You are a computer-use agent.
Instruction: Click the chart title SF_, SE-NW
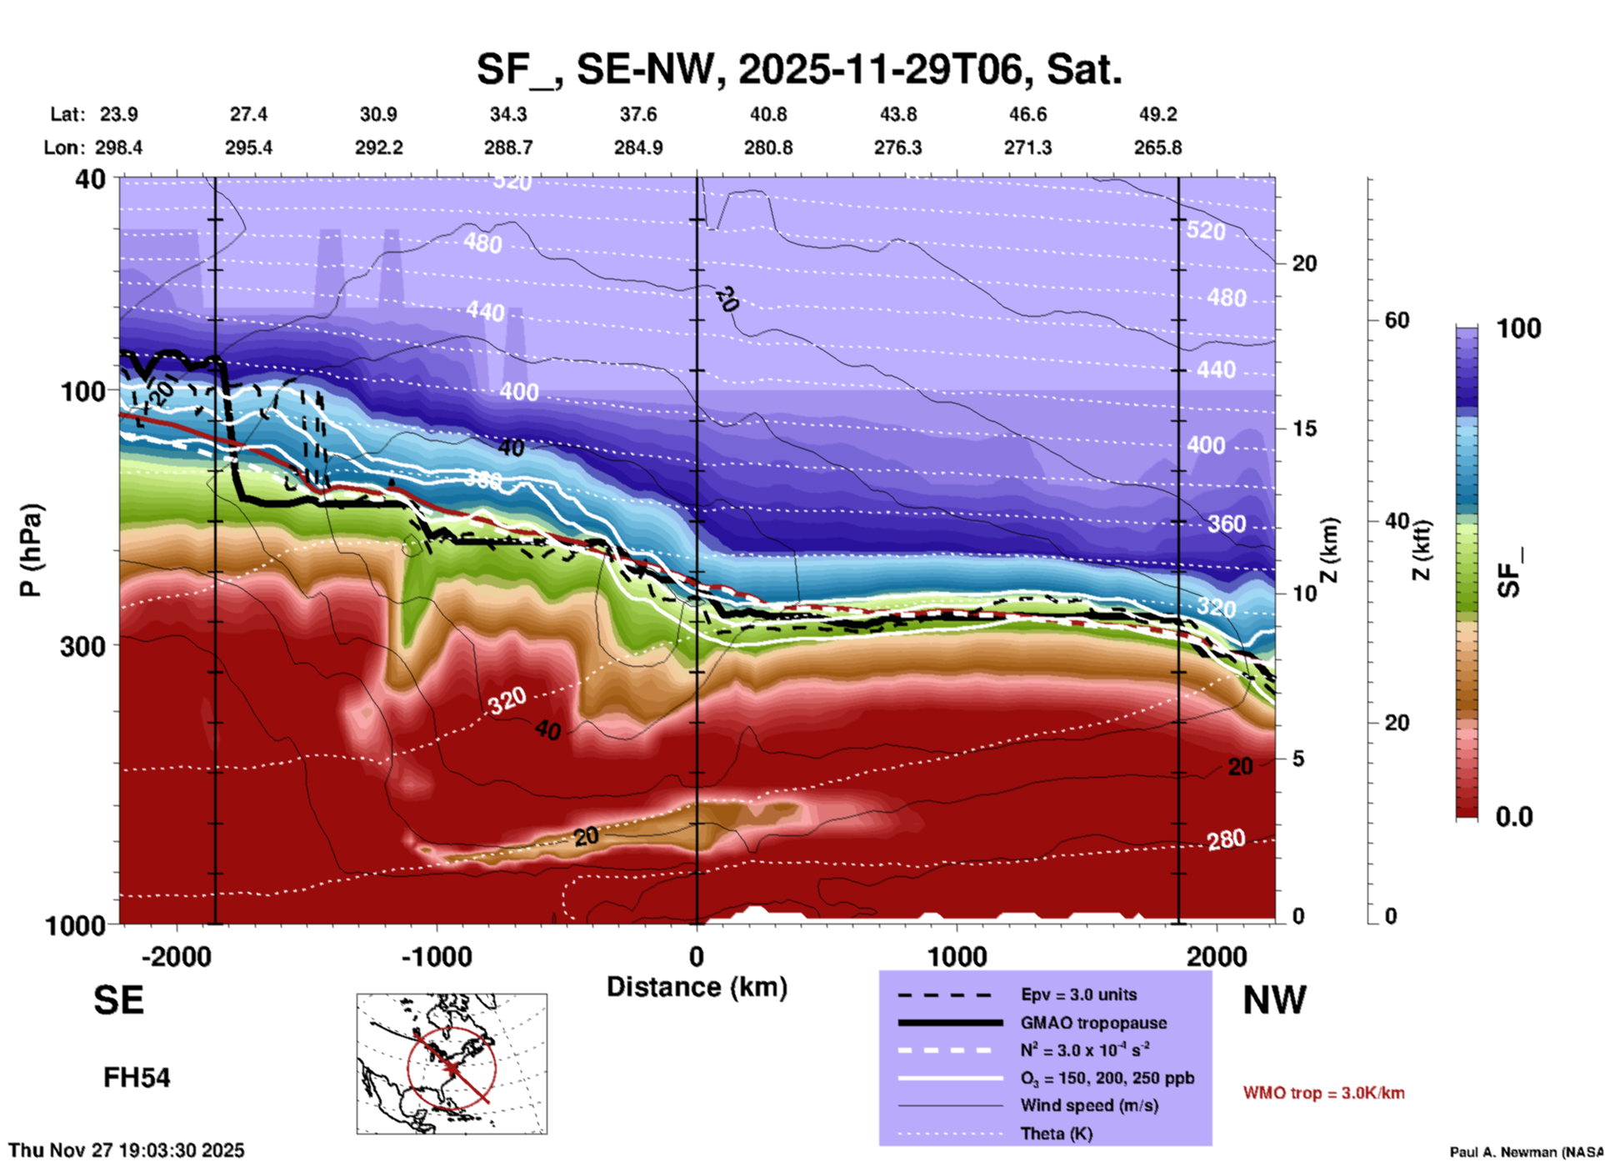[798, 68]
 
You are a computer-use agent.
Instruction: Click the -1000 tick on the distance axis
[437, 956]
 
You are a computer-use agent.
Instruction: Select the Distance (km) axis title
[697, 987]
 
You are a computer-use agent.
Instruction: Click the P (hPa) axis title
[30, 550]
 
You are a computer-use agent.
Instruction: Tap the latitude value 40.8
[767, 114]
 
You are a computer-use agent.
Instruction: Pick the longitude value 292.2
[379, 148]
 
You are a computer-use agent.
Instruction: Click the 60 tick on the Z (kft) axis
[1397, 320]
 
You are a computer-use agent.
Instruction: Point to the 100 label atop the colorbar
[1518, 328]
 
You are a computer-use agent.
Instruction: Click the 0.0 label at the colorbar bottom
[1514, 817]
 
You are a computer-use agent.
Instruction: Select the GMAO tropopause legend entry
[1093, 1023]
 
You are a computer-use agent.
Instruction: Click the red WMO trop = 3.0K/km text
[1323, 1093]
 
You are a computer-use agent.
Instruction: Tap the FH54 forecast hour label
[137, 1078]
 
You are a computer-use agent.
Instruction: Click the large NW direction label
[1274, 1000]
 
